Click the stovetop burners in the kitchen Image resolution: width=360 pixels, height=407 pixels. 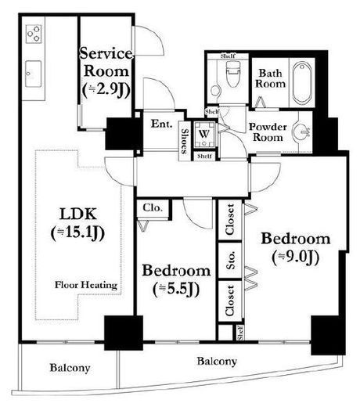click(34, 34)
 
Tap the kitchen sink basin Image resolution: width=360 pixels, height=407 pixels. click(33, 74)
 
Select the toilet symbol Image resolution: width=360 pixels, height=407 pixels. click(232, 74)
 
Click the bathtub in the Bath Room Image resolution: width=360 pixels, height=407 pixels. click(302, 83)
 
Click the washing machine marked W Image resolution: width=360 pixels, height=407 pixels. click(204, 135)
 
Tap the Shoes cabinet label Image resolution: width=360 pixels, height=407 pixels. click(185, 141)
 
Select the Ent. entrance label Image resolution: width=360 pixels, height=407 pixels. click(162, 124)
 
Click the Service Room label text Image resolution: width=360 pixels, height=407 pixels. click(106, 62)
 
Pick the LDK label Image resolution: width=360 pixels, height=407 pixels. click(78, 214)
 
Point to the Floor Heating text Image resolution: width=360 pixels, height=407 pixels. click(86, 285)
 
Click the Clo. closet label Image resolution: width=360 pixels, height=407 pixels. click(153, 208)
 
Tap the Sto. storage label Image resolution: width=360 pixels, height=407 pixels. click(230, 260)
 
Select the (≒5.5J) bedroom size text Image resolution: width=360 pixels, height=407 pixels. click(176, 289)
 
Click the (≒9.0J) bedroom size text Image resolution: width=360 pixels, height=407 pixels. click(296, 257)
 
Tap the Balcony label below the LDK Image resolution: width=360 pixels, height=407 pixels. click(70, 368)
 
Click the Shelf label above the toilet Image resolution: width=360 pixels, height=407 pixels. click(228, 56)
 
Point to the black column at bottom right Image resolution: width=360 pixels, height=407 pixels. click(328, 335)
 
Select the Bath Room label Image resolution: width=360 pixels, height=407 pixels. click(270, 78)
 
